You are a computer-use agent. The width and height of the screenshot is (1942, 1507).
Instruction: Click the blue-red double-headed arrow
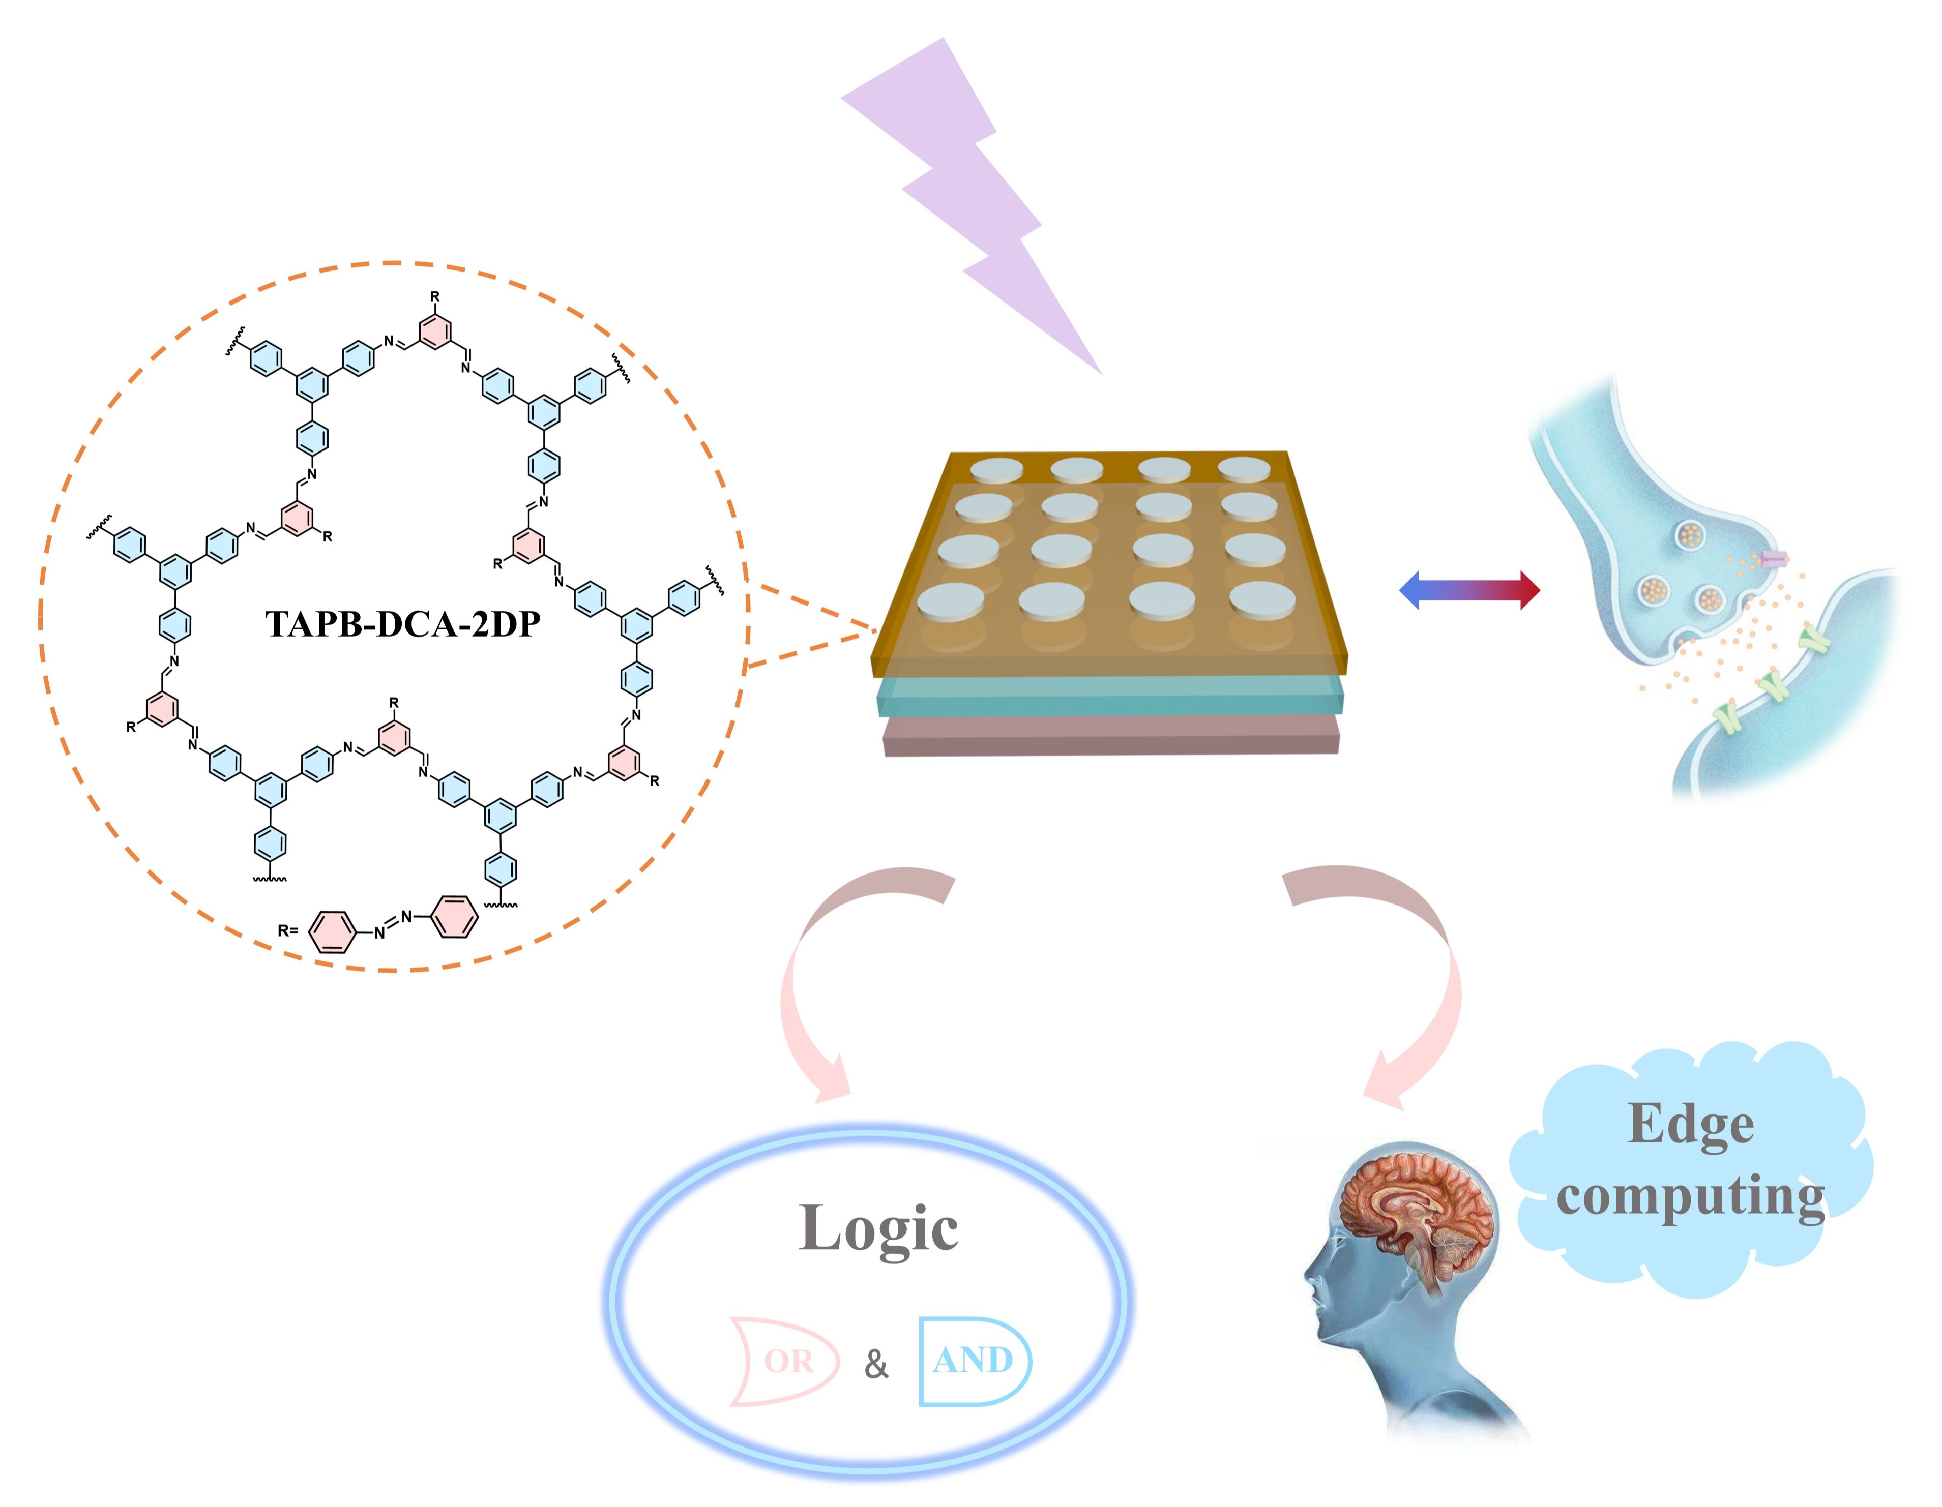1469,589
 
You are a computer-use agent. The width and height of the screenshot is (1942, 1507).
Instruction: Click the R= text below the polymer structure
288,931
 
